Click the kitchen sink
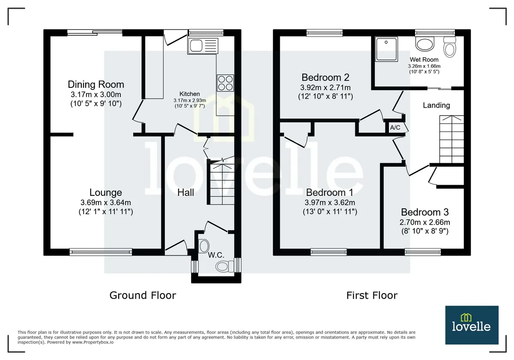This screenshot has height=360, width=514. point(203,46)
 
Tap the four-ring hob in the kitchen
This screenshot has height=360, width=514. point(225,83)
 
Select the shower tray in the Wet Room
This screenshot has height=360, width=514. point(386,49)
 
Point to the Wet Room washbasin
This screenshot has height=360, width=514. point(425,44)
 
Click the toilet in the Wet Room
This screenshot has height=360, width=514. point(449,47)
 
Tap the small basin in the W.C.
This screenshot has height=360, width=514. point(203,246)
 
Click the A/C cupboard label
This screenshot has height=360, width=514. point(395,127)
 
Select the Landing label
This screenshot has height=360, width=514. point(436,105)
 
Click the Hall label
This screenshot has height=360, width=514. point(185,192)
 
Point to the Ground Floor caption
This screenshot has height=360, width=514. point(143,295)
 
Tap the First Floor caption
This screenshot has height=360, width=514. point(372,295)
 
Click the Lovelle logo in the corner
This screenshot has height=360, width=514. point(472,325)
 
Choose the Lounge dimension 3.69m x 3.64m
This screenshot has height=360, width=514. point(105,202)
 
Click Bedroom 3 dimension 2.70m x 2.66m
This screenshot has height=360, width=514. point(425,222)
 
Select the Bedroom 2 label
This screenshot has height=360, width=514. point(326,78)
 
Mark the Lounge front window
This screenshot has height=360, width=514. point(101,252)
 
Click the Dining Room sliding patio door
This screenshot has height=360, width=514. point(95,33)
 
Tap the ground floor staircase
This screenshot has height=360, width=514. point(221,181)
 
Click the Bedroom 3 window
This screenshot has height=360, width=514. point(423,252)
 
